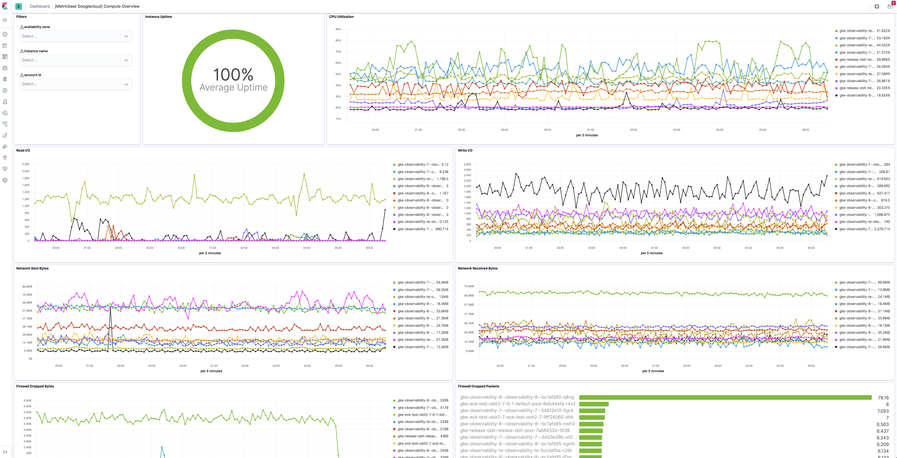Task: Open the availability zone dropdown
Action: [75, 36]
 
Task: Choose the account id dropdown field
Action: [75, 84]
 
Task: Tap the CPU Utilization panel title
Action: [341, 17]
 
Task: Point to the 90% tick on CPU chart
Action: [338, 29]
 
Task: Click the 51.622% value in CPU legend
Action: [883, 31]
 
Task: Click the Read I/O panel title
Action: [23, 150]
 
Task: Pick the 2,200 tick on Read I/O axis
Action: [26, 164]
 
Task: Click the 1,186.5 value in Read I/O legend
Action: [442, 179]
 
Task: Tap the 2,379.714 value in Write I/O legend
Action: [882, 229]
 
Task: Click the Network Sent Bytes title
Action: [32, 268]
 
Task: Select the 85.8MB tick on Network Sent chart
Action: [27, 287]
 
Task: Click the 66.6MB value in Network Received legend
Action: [883, 283]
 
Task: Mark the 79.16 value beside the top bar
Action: [883, 398]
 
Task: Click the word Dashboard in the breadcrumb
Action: [40, 6]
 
